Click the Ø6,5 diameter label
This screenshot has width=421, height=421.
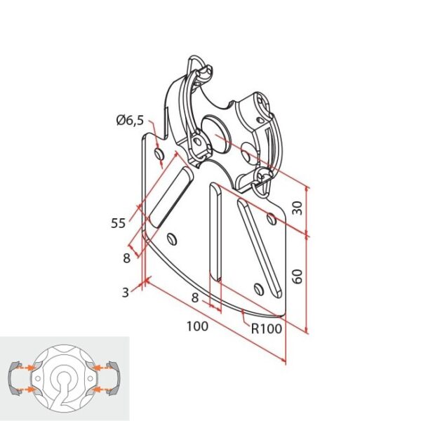tap(131, 120)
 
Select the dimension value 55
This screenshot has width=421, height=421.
tap(119, 223)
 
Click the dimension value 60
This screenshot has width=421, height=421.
tap(298, 276)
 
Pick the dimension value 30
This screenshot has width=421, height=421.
tap(298, 208)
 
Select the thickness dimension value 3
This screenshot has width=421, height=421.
tap(125, 293)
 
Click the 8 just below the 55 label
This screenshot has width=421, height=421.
tap(126, 258)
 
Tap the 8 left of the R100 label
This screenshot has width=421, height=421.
tap(194, 298)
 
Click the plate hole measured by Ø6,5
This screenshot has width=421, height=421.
tap(159, 152)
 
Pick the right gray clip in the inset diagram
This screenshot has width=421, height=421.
tap(116, 378)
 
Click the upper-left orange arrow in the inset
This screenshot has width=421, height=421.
tap(29, 367)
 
